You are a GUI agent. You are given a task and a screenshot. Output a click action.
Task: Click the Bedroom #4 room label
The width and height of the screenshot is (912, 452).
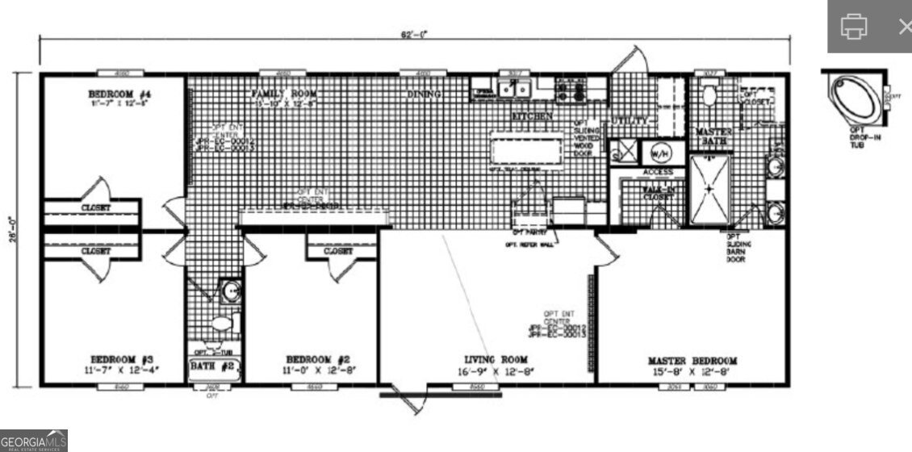coord(113,94)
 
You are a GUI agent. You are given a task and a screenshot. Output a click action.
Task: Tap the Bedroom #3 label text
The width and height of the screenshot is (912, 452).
coord(113,358)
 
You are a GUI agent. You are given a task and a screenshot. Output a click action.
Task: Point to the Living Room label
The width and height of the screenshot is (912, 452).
coord(496,359)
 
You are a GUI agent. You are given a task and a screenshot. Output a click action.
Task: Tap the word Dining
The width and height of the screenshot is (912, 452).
coord(424,94)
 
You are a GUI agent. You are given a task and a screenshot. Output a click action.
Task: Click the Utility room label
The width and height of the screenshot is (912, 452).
coord(630,120)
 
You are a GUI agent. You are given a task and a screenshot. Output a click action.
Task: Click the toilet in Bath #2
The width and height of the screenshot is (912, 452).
coord(220,324)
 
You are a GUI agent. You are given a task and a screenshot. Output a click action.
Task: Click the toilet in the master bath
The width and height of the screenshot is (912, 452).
coord(709,96)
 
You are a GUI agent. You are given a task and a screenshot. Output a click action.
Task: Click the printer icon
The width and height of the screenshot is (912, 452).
coord(853,26)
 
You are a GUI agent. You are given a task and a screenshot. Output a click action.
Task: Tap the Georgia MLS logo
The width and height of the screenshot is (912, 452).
coord(34,441)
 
